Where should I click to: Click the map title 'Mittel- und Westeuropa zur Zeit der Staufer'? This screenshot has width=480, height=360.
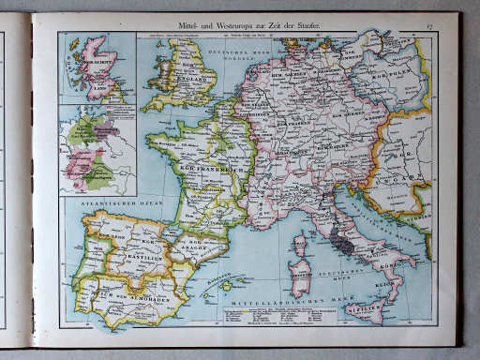[x=249, y=21]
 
